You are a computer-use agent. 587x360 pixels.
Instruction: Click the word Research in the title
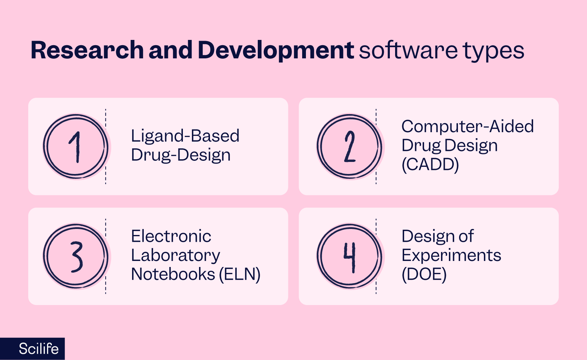point(87,50)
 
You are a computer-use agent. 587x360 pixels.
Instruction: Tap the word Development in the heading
point(275,50)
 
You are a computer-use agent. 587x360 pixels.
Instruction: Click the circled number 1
point(76,146)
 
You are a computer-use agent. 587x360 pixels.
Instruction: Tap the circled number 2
point(350,146)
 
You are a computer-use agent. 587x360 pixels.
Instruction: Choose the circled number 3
point(76,256)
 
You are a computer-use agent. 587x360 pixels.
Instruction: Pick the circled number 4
point(350,256)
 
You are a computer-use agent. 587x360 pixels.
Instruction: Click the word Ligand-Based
point(185,136)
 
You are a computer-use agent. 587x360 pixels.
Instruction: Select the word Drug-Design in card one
point(181,155)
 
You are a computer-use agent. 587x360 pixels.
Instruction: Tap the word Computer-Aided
point(467,127)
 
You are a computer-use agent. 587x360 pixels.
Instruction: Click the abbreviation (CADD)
point(430,164)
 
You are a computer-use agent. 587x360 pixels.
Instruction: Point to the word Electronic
point(171,236)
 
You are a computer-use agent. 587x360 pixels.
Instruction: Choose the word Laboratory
point(175,255)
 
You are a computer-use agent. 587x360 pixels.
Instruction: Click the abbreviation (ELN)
point(240,274)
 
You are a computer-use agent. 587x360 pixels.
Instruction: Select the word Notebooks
point(173,274)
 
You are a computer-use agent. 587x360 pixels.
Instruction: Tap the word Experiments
point(451,255)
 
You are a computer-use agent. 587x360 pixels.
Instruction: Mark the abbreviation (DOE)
point(424,274)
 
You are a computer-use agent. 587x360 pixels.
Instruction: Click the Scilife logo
point(38,349)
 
